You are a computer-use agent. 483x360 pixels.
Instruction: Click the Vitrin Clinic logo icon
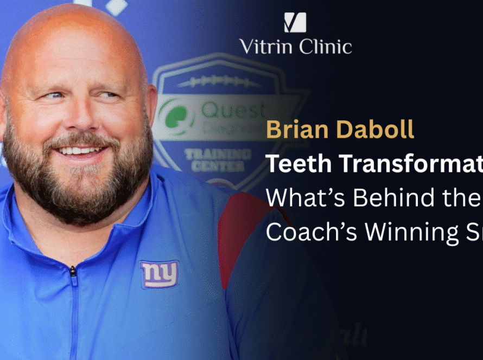tap(295, 22)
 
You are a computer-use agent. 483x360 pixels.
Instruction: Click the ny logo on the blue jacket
tap(159, 274)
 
